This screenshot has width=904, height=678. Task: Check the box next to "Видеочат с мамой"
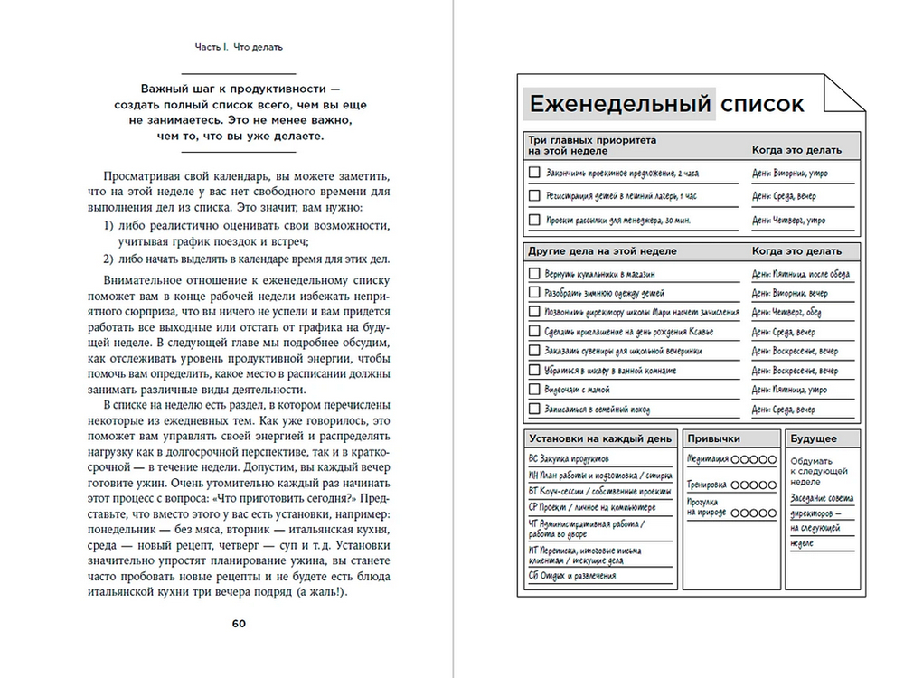point(533,390)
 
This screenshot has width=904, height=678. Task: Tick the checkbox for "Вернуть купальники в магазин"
point(533,273)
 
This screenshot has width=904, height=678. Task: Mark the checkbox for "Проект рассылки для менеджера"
point(533,220)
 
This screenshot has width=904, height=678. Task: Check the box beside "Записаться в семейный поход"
point(533,409)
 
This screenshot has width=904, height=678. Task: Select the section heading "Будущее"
point(814,438)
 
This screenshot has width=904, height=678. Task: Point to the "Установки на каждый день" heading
point(598,438)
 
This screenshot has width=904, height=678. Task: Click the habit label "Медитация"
point(708,459)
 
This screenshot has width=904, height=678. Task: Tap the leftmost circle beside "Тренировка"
point(737,485)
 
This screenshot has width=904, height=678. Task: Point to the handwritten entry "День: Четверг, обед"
point(786,312)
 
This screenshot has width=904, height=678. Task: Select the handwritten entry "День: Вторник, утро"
point(790,173)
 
